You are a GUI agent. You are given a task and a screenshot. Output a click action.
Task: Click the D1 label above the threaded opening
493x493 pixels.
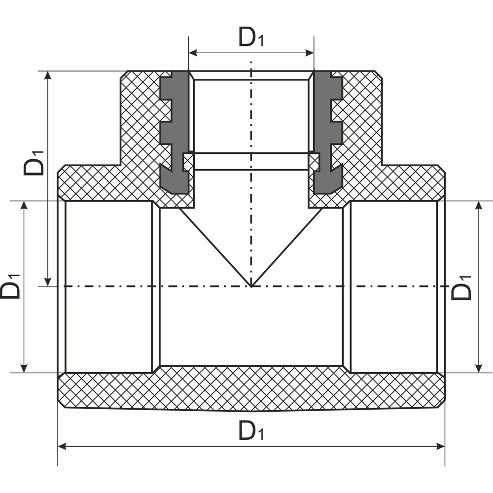tap(251, 37)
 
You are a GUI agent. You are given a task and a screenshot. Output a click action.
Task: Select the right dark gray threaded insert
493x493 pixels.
tap(327, 133)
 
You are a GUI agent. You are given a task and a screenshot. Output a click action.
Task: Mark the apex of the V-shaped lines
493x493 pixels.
tap(251, 286)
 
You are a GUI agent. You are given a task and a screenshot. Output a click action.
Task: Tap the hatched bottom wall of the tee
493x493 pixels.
tap(251, 389)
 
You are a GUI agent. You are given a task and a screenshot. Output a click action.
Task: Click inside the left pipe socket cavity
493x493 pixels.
tap(108, 286)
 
